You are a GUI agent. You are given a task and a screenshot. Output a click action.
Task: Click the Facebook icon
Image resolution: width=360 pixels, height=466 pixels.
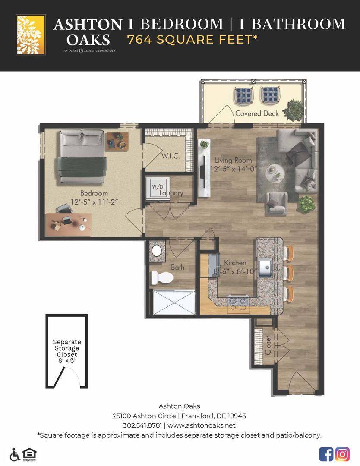point(326,454)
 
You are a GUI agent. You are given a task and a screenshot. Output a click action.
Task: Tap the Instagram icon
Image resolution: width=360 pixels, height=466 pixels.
point(342,454)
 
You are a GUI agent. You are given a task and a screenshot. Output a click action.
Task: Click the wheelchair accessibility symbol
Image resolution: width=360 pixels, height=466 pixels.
point(15,454)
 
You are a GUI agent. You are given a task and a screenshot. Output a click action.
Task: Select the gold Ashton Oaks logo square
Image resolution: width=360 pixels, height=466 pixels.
point(31,35)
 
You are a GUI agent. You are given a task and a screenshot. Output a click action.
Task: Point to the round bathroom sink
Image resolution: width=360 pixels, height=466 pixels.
point(157,251)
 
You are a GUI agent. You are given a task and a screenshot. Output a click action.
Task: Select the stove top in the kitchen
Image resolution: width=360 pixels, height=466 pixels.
point(238,301)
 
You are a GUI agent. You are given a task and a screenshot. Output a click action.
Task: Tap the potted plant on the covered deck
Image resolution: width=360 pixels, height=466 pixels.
point(294,110)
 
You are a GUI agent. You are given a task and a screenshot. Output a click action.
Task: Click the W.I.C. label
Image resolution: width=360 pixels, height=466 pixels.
point(171,156)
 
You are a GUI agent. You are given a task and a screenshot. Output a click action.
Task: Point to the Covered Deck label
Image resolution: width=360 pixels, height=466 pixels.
point(257,113)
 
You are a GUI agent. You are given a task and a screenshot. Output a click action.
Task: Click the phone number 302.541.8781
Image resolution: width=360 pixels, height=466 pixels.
point(142,425)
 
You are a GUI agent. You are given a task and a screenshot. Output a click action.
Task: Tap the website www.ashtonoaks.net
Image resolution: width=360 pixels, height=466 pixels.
point(202,425)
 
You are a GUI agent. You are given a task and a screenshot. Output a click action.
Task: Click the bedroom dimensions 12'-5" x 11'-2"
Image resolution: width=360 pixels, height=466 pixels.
point(95,202)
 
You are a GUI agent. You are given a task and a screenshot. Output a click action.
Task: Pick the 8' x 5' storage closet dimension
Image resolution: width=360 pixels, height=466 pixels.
point(67,361)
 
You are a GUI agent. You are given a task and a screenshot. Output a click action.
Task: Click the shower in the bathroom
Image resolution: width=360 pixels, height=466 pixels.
point(174,302)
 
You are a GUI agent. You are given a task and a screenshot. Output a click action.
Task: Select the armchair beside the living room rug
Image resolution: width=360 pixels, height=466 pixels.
point(276,203)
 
